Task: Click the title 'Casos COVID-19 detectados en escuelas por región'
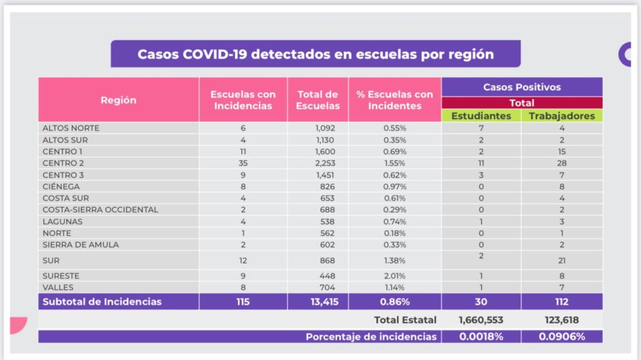point(315,54)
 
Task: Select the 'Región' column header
point(118,100)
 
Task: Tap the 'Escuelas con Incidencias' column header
point(243,100)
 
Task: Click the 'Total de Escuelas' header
point(318,100)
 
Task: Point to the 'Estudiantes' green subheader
point(481,116)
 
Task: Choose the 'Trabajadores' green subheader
point(562,116)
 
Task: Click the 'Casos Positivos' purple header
point(521,87)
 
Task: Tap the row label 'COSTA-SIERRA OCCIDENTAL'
point(100,210)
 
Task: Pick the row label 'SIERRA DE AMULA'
point(80,245)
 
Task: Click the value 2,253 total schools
point(326,163)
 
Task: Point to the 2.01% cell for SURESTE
point(395,276)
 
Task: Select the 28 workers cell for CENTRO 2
point(562,163)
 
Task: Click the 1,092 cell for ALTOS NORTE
point(326,128)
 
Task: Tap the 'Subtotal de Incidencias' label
point(101,302)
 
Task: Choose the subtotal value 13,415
point(318,302)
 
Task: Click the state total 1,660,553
point(481,320)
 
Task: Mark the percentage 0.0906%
point(562,337)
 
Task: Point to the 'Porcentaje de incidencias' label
point(371,337)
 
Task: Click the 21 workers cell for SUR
point(562,260)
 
